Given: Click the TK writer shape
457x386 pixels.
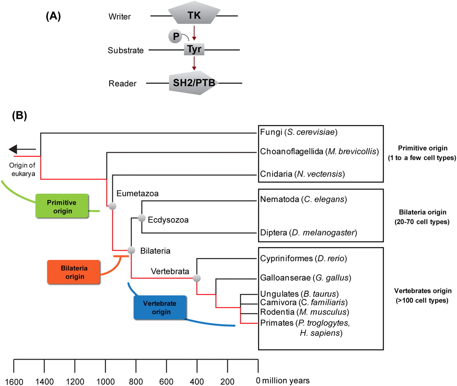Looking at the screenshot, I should [194, 15].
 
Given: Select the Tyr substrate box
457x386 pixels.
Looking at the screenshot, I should [194, 49].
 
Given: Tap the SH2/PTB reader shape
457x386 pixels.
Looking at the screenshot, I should [194, 83].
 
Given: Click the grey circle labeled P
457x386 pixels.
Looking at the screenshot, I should [175, 36].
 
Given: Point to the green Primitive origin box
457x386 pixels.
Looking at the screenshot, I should [62, 206].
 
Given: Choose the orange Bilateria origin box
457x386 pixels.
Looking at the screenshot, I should [74, 272].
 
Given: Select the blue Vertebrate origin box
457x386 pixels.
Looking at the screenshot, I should [160, 308].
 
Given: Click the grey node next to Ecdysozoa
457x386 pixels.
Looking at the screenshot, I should [142, 218].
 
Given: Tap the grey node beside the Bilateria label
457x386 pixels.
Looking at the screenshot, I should [131, 250].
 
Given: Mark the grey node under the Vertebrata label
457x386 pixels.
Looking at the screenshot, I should [197, 278].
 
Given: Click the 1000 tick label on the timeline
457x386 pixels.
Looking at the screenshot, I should [105, 381].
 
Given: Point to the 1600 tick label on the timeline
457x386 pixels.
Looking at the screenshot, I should [14, 381].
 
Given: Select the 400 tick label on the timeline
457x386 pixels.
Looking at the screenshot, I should [197, 381].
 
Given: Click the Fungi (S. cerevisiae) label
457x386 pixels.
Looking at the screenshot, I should [298, 132].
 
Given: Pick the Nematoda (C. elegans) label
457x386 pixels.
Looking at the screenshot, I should [303, 199].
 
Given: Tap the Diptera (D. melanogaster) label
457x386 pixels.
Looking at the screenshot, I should [308, 233].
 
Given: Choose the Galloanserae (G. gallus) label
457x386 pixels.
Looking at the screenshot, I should [306, 278].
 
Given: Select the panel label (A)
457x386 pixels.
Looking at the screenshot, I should [53, 16].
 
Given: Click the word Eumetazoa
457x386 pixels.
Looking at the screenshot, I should [137, 193].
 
